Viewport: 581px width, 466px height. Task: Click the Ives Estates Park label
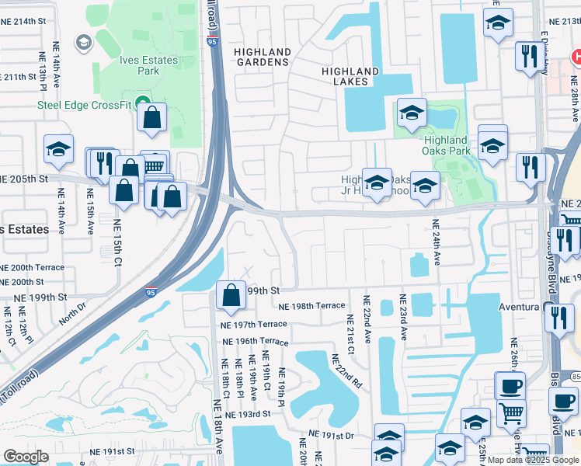click(148, 65)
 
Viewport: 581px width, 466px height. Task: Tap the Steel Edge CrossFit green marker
click(141, 104)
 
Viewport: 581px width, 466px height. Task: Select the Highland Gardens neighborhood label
click(263, 57)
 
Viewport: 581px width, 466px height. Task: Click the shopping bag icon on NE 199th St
click(231, 296)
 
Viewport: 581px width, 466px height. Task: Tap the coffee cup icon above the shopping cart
click(510, 387)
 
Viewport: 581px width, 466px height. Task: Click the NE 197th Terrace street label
click(253, 324)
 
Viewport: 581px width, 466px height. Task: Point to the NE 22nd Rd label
click(346, 371)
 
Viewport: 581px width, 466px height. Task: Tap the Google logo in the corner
click(26, 457)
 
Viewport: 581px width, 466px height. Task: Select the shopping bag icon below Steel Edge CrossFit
click(153, 119)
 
